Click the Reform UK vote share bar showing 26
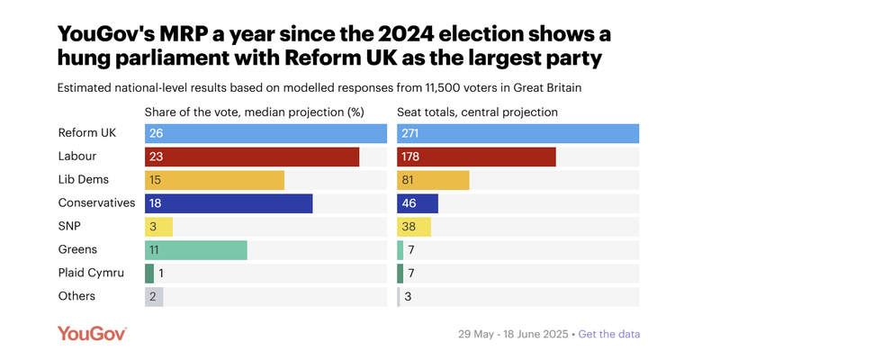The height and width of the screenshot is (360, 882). (x=265, y=133)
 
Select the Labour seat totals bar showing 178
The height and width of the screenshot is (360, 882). (x=476, y=157)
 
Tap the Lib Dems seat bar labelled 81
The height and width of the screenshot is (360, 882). (x=433, y=180)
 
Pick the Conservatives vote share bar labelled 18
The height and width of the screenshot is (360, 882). (x=229, y=203)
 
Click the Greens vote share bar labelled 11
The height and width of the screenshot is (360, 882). (x=195, y=250)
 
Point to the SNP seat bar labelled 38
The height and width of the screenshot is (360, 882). (x=414, y=227)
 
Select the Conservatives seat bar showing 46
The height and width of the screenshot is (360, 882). (x=418, y=203)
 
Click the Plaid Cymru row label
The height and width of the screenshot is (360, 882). (x=91, y=273)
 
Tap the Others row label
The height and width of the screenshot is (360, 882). (x=76, y=296)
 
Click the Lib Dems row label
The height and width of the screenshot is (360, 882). (x=83, y=179)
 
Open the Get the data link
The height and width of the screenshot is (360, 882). (x=609, y=334)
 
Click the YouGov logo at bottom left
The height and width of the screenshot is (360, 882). (x=92, y=333)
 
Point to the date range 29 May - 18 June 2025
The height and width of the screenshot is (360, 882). (x=512, y=334)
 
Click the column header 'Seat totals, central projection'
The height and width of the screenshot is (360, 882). (x=478, y=112)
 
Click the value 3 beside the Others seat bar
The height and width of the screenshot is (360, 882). (x=408, y=297)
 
